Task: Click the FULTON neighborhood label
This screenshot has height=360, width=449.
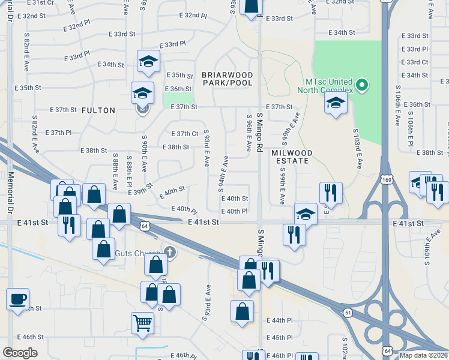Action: tap(98, 110)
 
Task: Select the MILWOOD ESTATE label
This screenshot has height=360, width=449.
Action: tap(289, 157)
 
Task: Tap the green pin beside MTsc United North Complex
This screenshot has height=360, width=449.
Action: tap(361, 85)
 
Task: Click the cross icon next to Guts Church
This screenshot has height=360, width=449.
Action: tap(170, 252)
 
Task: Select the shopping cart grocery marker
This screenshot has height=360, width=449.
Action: tap(143, 322)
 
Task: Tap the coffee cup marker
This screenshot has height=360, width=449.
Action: tap(18, 298)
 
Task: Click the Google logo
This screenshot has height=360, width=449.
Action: tap(20, 353)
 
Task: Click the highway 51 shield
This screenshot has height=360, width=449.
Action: tap(348, 313)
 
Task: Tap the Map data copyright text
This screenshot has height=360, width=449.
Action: tap(424, 355)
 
